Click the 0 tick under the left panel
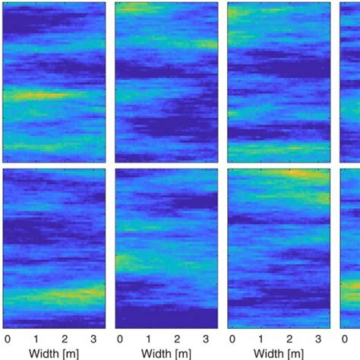[x=7, y=338]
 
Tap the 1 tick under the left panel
[x=36, y=338]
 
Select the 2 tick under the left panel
[x=65, y=338]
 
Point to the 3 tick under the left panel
[x=93, y=338]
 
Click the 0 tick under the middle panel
[x=119, y=338]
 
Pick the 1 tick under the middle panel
[x=148, y=338]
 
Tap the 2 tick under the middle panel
[x=177, y=338]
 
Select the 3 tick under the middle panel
[x=206, y=338]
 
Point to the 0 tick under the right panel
[x=232, y=338]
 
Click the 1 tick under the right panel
[x=261, y=338]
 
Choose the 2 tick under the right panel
[x=289, y=338]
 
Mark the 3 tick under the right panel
[x=318, y=338]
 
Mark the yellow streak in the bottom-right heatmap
[x=300, y=175]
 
